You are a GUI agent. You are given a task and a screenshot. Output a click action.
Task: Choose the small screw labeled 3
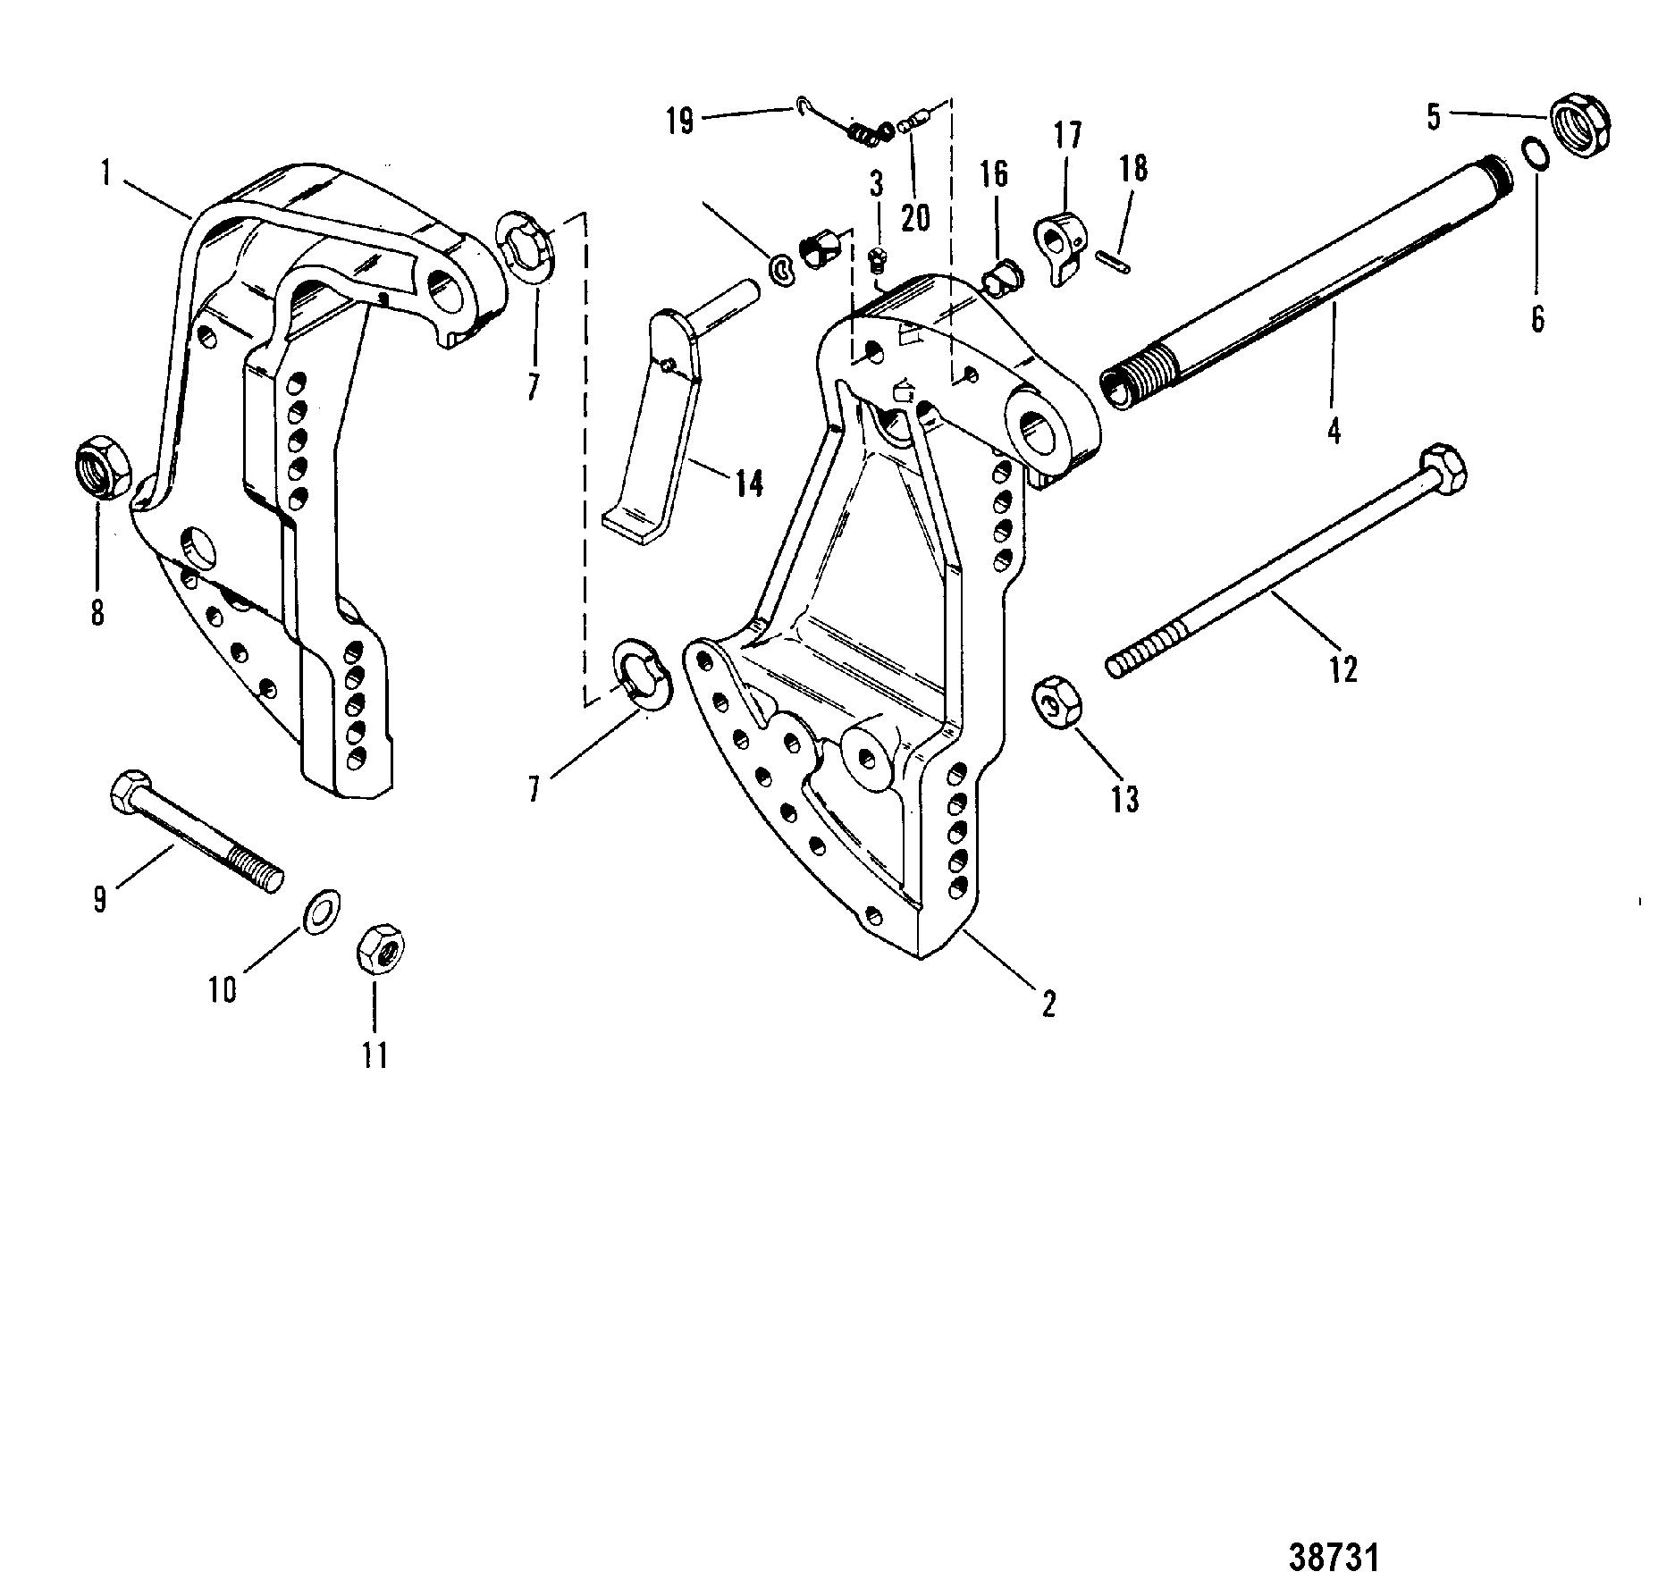point(878,260)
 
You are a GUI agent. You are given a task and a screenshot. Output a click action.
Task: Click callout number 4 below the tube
point(1334,432)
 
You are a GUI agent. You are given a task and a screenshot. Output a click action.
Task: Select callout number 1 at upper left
point(106,172)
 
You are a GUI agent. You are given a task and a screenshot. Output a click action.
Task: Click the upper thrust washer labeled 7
point(527,248)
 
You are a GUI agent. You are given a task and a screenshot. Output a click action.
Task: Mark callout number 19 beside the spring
point(680,119)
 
